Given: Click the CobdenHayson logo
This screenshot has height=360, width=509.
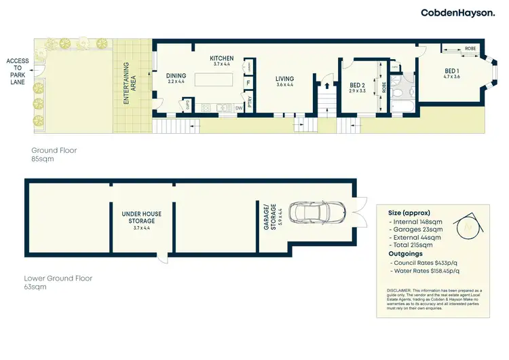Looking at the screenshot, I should click(x=458, y=12).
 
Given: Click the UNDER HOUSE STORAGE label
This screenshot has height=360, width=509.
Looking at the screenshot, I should click(x=142, y=217).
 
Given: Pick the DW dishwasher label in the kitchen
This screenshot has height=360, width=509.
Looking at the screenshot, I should click(x=239, y=108).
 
